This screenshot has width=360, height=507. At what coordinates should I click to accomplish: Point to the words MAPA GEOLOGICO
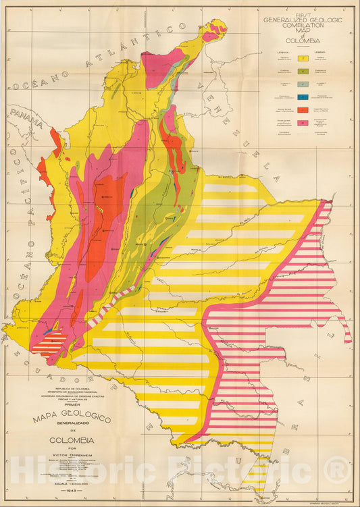(72, 418)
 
